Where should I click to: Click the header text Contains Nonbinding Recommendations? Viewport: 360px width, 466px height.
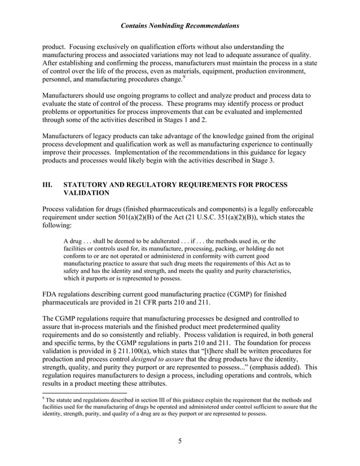179,26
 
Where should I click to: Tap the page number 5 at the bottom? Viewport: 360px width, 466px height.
179,441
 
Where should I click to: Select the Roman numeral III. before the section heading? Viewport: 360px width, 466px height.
49,184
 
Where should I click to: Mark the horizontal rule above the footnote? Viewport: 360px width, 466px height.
85,393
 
